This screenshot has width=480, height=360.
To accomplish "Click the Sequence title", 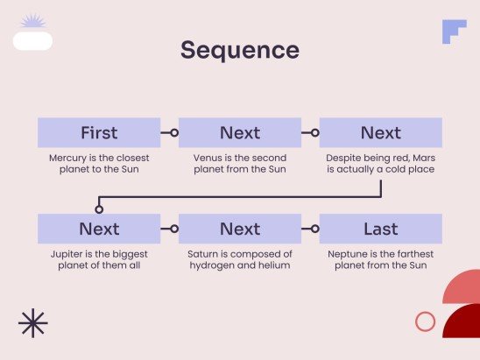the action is click(x=240, y=50).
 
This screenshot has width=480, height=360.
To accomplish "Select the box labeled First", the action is click(x=99, y=132).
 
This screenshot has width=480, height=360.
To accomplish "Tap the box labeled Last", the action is click(x=381, y=229).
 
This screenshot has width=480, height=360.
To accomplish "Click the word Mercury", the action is click(x=67, y=159).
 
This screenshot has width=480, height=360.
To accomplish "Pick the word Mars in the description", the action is click(x=424, y=158).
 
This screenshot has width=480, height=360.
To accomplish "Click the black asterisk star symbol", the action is click(x=33, y=323).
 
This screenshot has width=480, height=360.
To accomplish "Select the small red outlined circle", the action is click(x=425, y=321).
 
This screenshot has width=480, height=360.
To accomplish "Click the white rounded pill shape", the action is click(x=32, y=40).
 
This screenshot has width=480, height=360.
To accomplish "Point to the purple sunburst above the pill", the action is click(x=33, y=21).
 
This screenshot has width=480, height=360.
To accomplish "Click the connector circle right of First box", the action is click(x=174, y=133).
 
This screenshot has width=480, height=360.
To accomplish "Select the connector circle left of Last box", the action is click(x=315, y=229).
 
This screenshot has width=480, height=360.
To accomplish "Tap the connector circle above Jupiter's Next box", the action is click(x=99, y=209).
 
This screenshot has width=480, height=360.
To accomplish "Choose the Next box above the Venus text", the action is click(x=240, y=132).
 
